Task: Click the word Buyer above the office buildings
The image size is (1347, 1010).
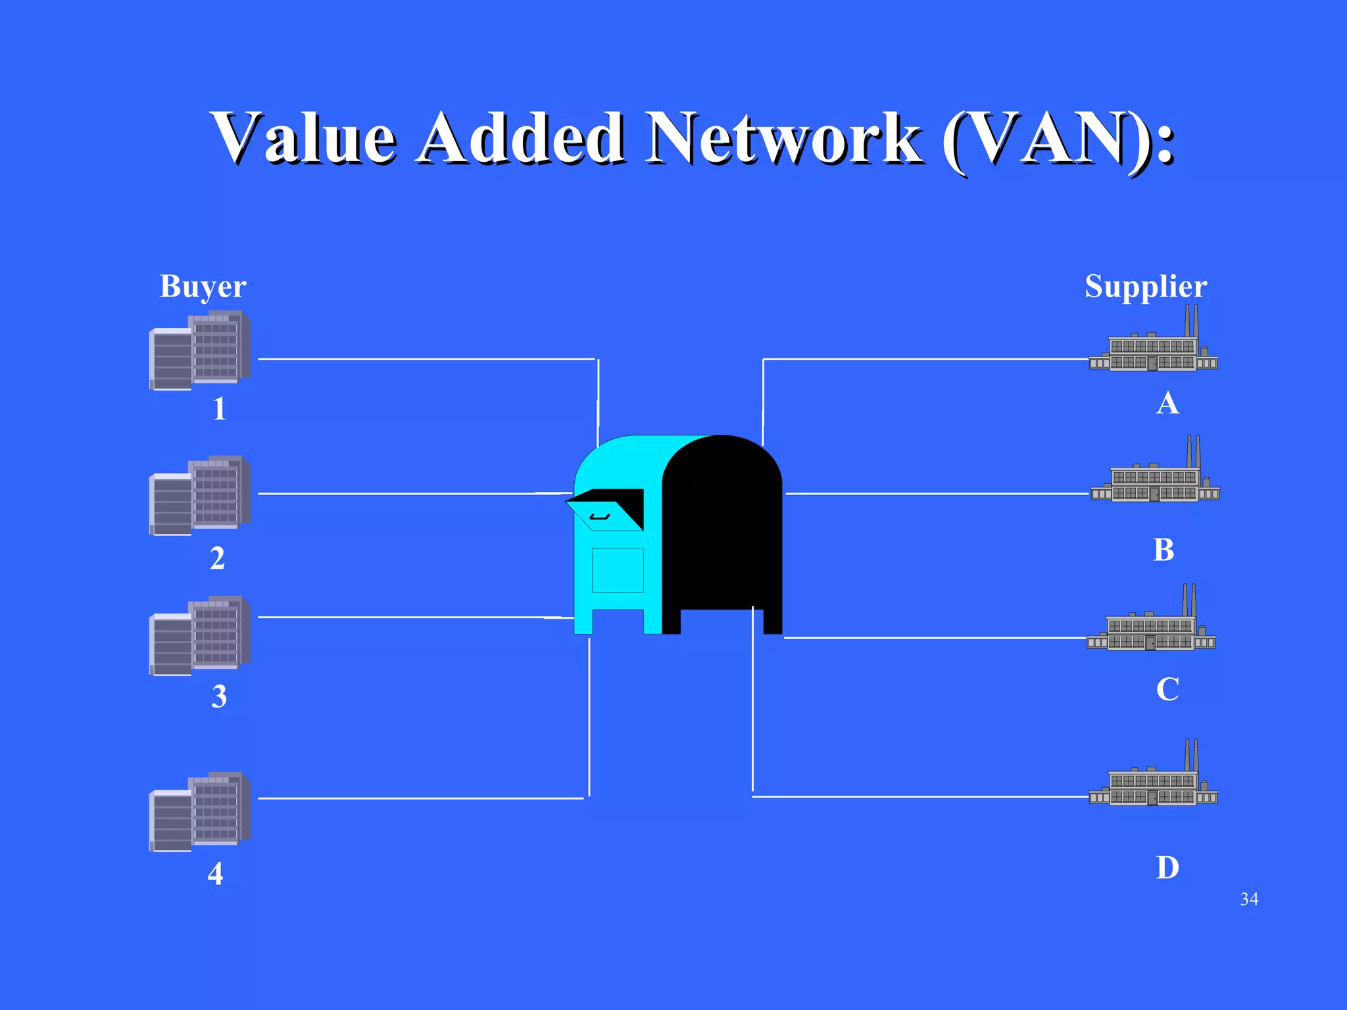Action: (x=203, y=287)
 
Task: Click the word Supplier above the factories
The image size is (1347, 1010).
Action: (x=1146, y=287)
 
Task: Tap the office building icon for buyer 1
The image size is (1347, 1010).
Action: (x=200, y=350)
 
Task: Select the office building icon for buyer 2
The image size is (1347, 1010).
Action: (x=200, y=494)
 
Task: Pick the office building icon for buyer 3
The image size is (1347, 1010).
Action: (x=200, y=635)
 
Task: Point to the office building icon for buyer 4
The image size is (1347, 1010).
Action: (x=200, y=811)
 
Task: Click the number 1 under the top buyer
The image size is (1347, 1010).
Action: (x=219, y=409)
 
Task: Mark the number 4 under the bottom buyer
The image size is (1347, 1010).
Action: (x=215, y=874)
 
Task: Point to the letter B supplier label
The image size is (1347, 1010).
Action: (x=1163, y=550)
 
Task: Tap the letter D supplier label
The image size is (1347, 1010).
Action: (x=1167, y=868)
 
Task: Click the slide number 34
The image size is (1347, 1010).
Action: (x=1249, y=899)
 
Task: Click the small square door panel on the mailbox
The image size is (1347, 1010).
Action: (x=618, y=570)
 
